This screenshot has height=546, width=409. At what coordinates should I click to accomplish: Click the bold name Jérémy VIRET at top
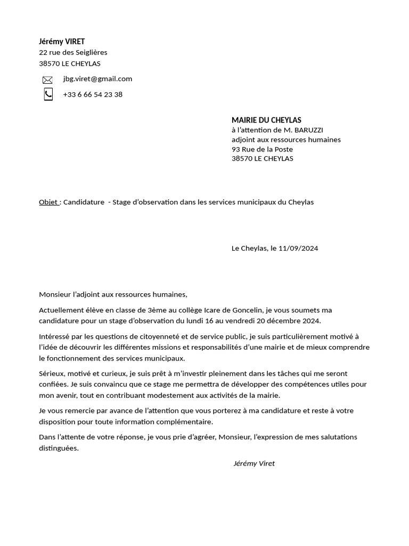point(62,42)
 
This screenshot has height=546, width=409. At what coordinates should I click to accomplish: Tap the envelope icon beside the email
point(47,80)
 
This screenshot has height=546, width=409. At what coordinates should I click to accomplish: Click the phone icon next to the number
point(48,94)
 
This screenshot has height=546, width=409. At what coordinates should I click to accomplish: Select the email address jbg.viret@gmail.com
point(97,79)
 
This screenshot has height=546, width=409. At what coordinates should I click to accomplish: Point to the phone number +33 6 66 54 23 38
point(93,94)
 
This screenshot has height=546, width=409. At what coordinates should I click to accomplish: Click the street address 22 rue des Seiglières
point(73,52)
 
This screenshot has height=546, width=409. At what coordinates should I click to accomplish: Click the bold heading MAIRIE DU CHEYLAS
point(266,121)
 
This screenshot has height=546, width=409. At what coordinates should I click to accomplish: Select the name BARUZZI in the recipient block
point(308,130)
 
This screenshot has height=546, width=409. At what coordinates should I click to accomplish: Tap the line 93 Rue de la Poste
point(262,149)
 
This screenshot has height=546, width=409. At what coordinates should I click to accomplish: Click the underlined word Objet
point(48,202)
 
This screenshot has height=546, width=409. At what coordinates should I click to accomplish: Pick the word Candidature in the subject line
point(84,202)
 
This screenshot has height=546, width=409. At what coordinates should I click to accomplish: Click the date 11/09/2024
point(298,248)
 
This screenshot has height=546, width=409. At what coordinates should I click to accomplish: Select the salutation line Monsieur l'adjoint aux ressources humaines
point(113,294)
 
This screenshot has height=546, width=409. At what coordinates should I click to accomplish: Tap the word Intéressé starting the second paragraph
point(55,336)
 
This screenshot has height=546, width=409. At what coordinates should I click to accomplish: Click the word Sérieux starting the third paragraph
point(52,374)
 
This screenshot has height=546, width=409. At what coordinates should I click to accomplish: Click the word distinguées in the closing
point(59,448)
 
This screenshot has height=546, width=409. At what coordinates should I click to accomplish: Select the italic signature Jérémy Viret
point(254,464)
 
